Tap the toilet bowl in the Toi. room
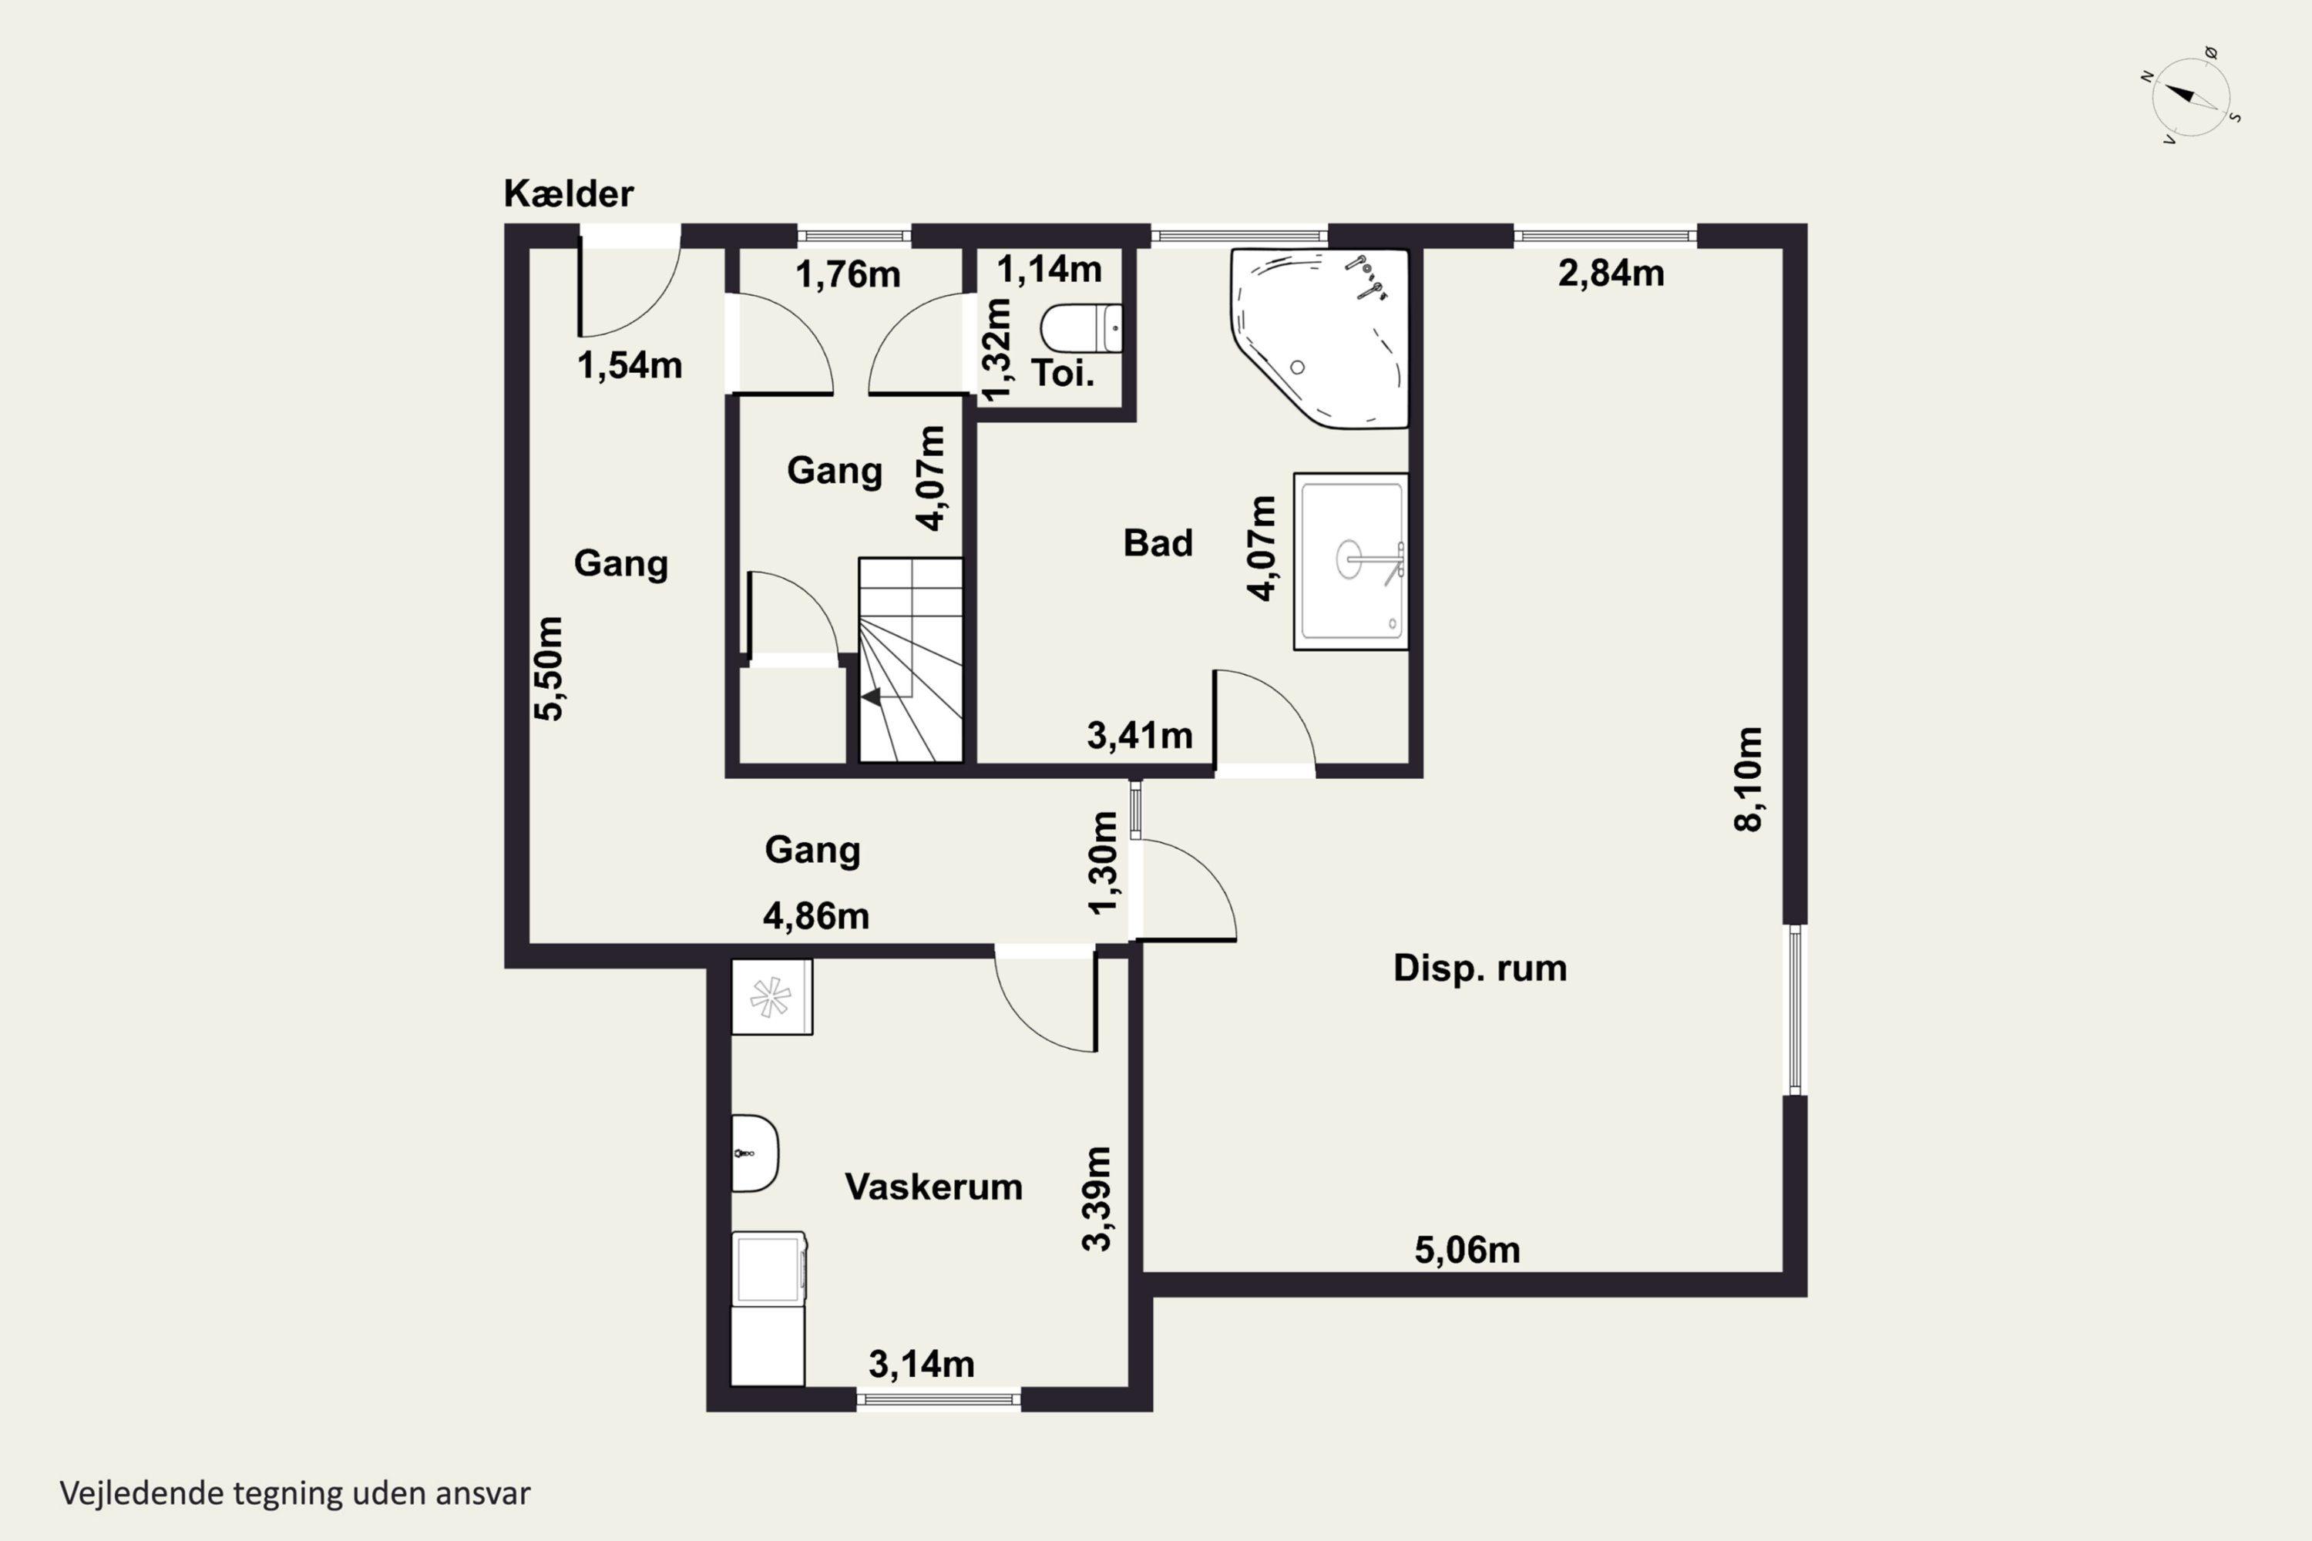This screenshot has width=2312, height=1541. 1080,328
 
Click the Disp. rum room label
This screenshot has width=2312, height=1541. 1480,968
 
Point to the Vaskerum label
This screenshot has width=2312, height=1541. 933,1187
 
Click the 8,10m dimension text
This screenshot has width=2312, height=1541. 1748,779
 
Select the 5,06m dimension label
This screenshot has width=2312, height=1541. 1467,1250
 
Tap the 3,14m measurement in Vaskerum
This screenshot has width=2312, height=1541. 921,1364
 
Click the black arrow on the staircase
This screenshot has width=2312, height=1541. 871,697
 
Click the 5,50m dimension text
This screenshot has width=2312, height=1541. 549,668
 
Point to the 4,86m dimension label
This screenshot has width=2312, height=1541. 816,917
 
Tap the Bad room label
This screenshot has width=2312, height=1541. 1158,542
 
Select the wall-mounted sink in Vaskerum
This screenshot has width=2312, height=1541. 754,1153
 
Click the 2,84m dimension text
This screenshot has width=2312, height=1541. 1611,274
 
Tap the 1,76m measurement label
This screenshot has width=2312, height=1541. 847,275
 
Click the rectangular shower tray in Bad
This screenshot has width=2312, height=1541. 1351,561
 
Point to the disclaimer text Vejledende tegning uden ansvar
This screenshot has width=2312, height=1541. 295,1493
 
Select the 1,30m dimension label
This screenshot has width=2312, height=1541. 1103,863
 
